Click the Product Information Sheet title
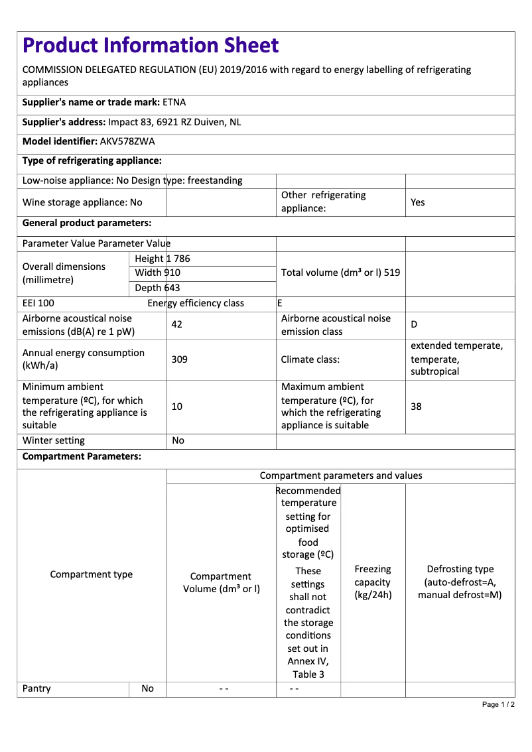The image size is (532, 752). pos(151,46)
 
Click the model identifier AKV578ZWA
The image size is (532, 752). pos(127,141)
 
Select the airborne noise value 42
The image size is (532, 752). pos(177,325)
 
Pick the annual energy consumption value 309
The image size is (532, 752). pos(179,359)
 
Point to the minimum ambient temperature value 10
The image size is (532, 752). pos(177,406)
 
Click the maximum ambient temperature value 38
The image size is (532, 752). pos(416,406)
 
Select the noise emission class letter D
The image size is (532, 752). pos(414,325)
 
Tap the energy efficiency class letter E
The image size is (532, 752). pos(280,304)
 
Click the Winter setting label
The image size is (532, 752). pos(54,440)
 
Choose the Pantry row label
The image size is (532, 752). pos(36,688)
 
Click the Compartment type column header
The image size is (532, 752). pos(92,574)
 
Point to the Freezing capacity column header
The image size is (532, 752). pos(373,582)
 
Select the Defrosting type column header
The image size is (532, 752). pos(460,582)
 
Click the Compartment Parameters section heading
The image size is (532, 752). pos(82,457)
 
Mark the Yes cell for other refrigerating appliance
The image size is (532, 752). pos(418,202)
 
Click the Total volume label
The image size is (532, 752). pos(340,273)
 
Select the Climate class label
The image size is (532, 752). pos(310,359)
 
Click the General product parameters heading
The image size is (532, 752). pos(87,223)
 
